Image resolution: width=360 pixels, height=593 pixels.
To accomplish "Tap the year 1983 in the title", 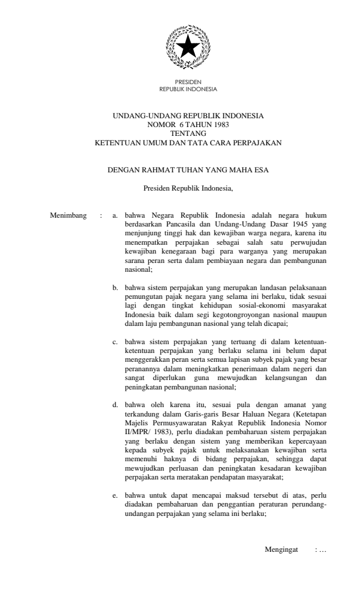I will [x=218, y=125].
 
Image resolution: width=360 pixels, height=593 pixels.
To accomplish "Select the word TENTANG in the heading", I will [x=188, y=134].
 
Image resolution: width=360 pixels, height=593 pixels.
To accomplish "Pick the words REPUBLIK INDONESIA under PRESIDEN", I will [x=188, y=89].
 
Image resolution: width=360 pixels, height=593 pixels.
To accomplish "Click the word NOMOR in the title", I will [x=166, y=125].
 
